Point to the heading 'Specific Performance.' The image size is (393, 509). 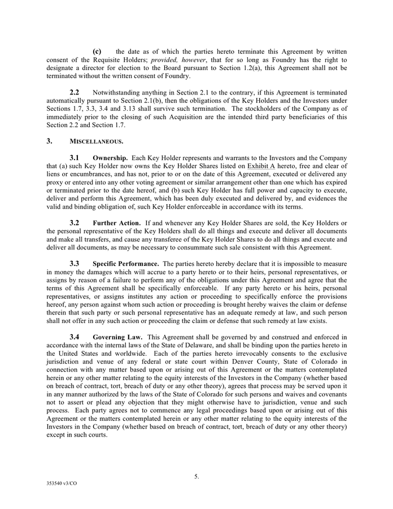(125, 264)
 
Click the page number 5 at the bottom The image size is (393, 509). (197, 477)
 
